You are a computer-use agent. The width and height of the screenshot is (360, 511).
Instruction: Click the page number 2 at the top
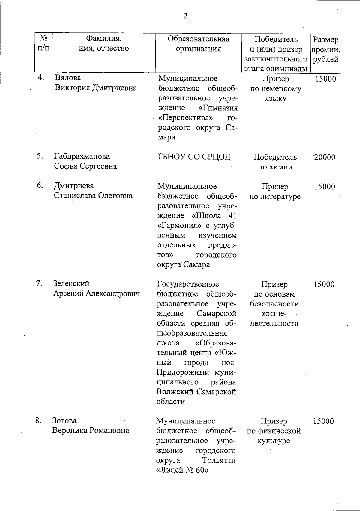pos(185,16)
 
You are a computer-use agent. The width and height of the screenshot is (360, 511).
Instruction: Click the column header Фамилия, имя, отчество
pos(104,44)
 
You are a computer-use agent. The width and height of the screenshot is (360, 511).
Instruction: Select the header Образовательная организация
pos(198,44)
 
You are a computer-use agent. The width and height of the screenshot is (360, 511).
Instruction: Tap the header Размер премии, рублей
pos(325,49)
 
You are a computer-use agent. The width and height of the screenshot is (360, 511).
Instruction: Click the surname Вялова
pos(68,78)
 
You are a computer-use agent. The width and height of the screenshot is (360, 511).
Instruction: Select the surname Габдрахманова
pos(82,156)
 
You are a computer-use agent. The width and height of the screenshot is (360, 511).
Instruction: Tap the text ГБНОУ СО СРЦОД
pos(194,157)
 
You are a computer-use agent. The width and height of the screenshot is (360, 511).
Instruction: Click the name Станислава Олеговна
pos(93,196)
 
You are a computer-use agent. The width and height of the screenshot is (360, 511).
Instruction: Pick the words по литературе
pos(275,197)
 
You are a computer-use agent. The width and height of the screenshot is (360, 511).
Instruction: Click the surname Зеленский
pos(71,283)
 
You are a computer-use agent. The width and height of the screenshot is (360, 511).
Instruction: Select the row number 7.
pos(39,283)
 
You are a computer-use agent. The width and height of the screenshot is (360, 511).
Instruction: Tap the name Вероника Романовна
pos(91,431)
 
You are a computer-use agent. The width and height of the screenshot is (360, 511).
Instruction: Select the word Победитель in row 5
pos(275,157)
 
